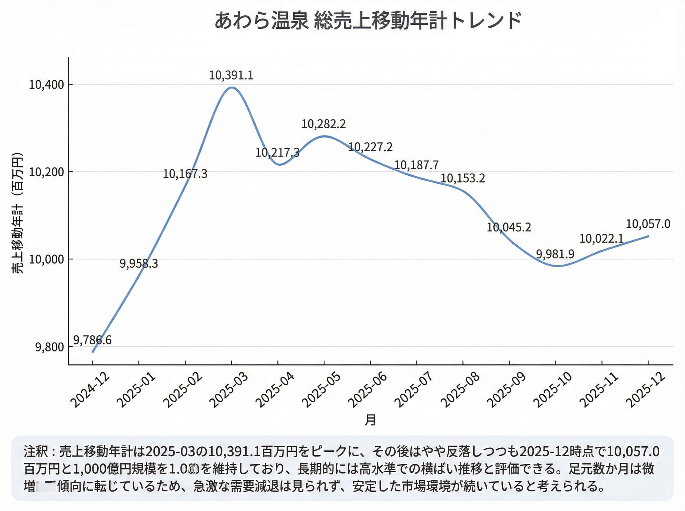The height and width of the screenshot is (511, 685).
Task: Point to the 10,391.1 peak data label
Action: point(231,75)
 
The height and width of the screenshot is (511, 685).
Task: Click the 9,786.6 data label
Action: point(92,340)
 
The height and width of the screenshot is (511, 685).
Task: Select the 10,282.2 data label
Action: point(324,124)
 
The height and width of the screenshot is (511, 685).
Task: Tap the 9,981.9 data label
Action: point(555,254)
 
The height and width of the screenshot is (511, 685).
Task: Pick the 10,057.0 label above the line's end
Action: point(648,224)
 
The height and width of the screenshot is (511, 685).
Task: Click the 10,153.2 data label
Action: point(463,178)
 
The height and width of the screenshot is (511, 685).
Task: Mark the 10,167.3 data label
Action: point(185,174)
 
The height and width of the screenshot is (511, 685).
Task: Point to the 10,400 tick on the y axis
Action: point(47,85)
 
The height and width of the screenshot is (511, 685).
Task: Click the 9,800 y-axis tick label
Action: point(50,347)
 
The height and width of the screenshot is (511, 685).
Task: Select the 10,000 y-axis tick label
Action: point(47,259)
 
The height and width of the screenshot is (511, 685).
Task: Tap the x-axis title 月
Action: point(370,420)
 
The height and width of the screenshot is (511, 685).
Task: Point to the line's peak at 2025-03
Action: point(232,87)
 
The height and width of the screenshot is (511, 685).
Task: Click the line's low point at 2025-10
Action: point(556,266)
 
